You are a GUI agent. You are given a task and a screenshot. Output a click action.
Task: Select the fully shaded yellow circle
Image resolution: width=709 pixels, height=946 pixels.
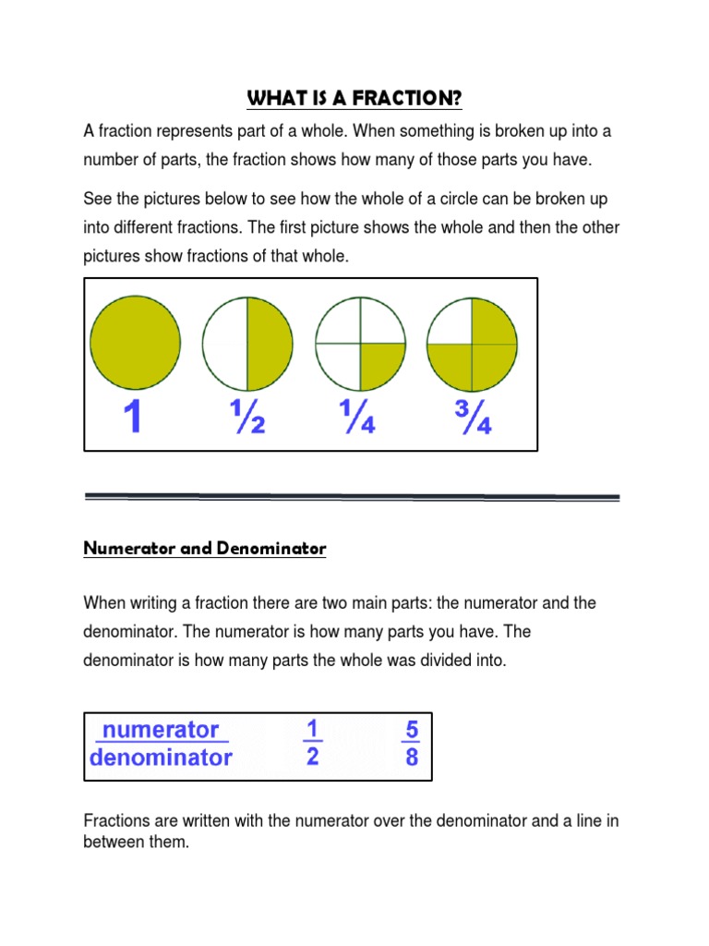click(136, 343)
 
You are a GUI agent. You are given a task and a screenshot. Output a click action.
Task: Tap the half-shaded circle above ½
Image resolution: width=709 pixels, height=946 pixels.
click(247, 344)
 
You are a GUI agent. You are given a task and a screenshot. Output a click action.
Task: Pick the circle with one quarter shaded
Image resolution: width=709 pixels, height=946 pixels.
click(361, 344)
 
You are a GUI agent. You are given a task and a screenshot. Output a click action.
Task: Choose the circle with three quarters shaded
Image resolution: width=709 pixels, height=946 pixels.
click(472, 344)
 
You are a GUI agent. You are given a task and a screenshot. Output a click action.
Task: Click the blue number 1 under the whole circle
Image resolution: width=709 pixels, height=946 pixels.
click(134, 418)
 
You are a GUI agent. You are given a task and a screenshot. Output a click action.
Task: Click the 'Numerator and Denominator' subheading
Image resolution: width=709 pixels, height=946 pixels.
click(205, 549)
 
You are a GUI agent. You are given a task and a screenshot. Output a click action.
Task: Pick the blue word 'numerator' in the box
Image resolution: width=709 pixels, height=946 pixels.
click(161, 729)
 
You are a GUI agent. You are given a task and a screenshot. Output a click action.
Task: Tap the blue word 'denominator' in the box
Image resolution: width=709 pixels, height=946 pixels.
click(161, 758)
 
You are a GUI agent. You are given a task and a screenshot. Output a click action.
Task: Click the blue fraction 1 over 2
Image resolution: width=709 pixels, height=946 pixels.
click(312, 744)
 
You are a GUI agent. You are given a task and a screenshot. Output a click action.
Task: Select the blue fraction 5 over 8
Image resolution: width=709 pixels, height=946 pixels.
click(411, 744)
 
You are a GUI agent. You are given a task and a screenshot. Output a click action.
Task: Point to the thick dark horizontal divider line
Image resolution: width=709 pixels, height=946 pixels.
click(352, 497)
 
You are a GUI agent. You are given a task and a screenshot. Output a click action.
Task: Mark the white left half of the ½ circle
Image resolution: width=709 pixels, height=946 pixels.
click(224, 344)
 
